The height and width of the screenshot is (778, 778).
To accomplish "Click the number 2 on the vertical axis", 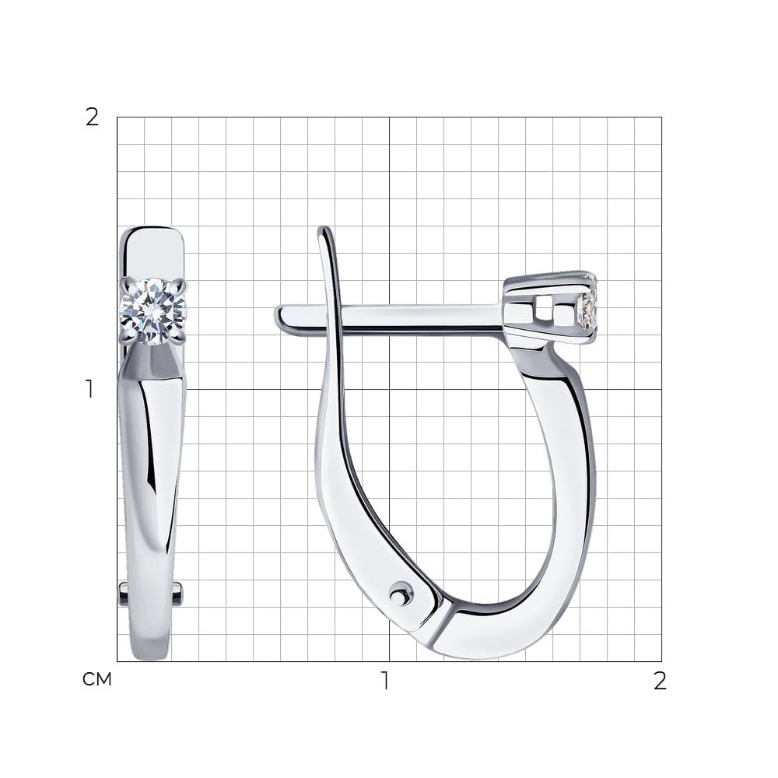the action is point(93,117).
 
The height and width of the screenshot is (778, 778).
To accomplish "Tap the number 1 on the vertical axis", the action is point(89,389).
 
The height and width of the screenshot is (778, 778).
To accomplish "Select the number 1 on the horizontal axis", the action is point(385,681).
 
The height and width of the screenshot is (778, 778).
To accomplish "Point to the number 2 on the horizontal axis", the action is point(660,681).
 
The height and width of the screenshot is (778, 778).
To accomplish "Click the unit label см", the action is point(97,679).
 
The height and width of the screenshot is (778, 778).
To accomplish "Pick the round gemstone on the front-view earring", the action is point(152,311).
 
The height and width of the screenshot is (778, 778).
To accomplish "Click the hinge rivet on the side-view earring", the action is point(400,593).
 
